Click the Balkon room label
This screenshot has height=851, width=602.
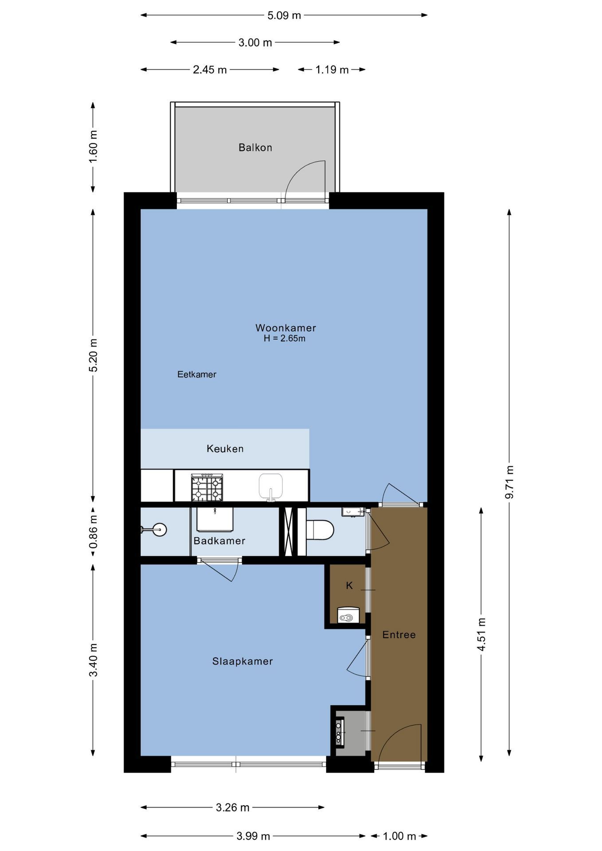pyautogui.click(x=255, y=148)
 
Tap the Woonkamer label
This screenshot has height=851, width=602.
pyautogui.click(x=285, y=328)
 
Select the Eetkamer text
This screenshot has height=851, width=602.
pyautogui.click(x=197, y=375)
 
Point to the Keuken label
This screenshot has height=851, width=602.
pyautogui.click(x=225, y=449)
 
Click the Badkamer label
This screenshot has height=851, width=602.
pyautogui.click(x=219, y=541)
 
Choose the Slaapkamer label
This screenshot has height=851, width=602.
pyautogui.click(x=242, y=661)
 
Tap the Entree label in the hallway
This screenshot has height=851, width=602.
pyautogui.click(x=399, y=635)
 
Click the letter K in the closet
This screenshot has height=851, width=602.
pyautogui.click(x=349, y=586)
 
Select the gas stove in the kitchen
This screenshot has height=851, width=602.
pyautogui.click(x=207, y=488)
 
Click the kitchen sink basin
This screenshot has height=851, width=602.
pyautogui.click(x=271, y=486)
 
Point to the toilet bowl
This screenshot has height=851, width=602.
pyautogui.click(x=320, y=530)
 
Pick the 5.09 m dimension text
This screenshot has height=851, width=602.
pyautogui.click(x=284, y=16)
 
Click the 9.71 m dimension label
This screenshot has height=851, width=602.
pyautogui.click(x=509, y=482)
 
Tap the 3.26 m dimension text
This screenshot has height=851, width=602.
pyautogui.click(x=233, y=808)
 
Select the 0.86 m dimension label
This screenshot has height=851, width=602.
pyautogui.click(x=93, y=531)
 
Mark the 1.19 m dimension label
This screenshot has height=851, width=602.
pyautogui.click(x=332, y=70)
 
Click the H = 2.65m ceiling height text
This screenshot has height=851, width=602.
pyautogui.click(x=285, y=339)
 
